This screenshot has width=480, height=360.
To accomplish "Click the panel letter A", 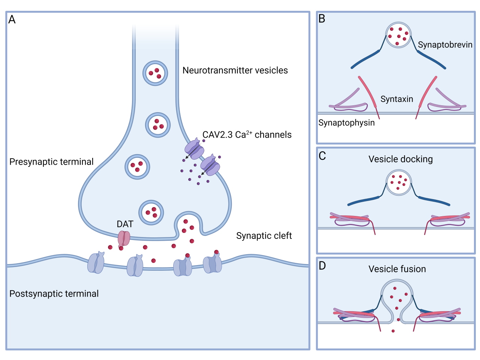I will [x=12, y=19].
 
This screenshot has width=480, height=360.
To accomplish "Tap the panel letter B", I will [x=322, y=19].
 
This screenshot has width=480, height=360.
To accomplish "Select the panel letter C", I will [x=322, y=156].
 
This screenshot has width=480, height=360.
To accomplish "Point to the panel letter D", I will [x=322, y=266].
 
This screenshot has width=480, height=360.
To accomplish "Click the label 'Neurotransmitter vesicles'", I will [x=235, y=70].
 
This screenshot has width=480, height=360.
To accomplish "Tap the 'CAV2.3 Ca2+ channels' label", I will [x=247, y=135].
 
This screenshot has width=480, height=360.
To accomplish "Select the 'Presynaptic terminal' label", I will [x=51, y=162].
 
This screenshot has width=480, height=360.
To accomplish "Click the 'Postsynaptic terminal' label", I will [x=54, y=294].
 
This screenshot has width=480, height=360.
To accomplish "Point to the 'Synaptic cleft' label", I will [x=264, y=235].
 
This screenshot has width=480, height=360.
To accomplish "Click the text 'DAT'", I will [x=125, y=224].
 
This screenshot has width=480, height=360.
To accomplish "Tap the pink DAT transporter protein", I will [x=124, y=238].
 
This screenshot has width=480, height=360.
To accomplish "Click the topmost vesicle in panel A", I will [x=155, y=73].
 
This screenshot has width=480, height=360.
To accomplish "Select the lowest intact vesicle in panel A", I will [x=151, y=212].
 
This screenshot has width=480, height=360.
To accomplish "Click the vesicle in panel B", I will [x=399, y=35].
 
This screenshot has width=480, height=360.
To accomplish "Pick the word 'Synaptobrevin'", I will [x=445, y=45].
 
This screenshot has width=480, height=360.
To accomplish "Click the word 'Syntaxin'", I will [x=396, y=99].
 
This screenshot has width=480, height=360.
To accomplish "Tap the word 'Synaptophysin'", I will [x=346, y=123].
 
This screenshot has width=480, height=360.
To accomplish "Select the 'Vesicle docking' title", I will [x=400, y=159].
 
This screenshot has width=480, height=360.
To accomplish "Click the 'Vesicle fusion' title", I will [x=397, y=269].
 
